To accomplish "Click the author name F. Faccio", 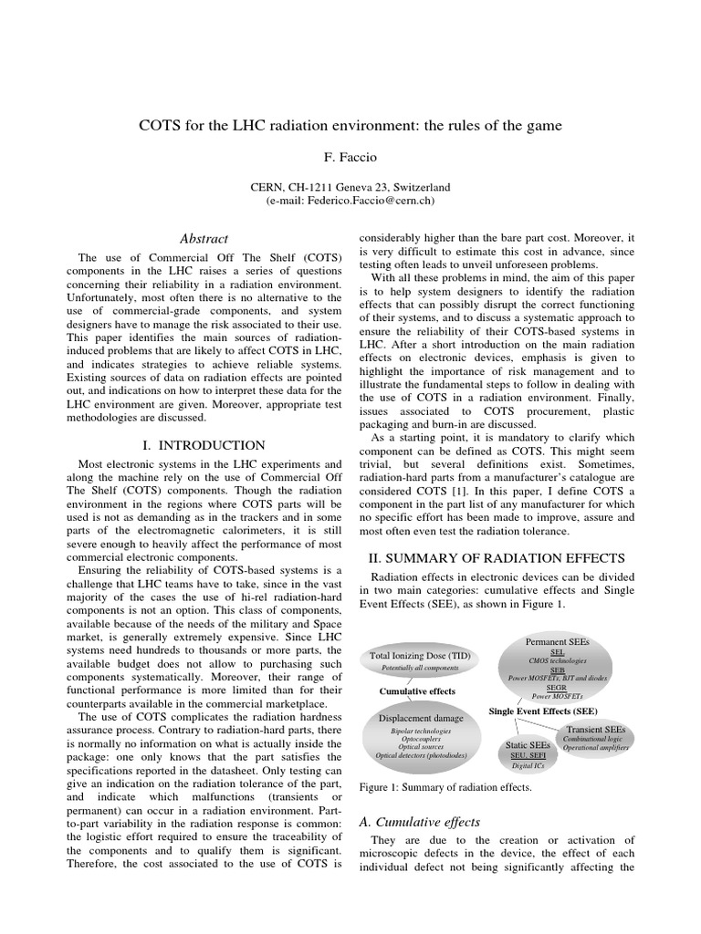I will pos(350,157).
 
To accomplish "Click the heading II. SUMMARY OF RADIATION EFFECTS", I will pos(496,556).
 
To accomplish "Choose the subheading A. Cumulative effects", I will pos(421,822).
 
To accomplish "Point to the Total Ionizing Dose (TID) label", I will pos(409,656).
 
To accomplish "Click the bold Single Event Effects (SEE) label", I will pos(543,710).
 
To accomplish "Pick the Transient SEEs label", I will pos(596,730).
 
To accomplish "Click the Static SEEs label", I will pos(528,745).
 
